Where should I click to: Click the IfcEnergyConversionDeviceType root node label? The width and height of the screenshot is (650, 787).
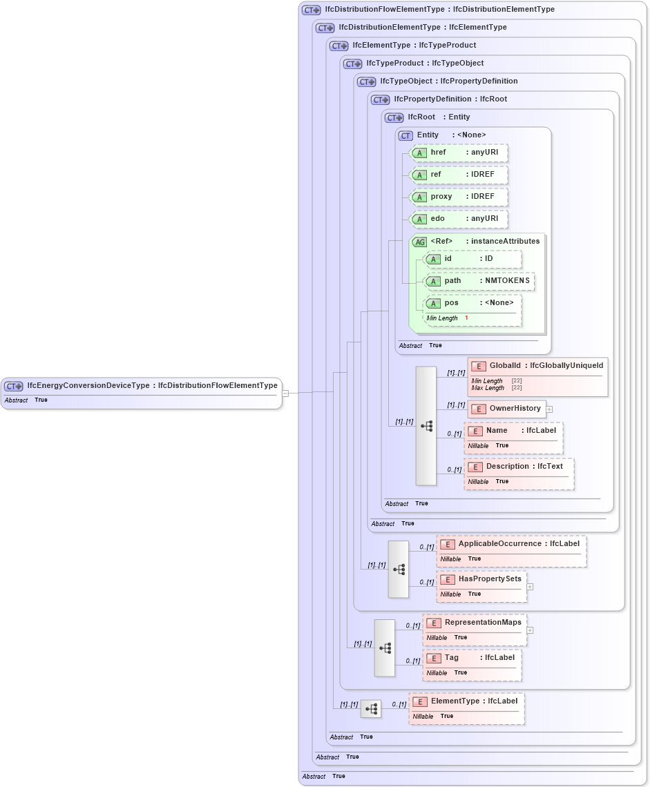pyautogui.click(x=151, y=386)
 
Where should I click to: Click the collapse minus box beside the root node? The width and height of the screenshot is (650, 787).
pyautogui.click(x=285, y=393)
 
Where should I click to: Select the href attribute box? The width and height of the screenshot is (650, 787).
pyautogui.click(x=459, y=153)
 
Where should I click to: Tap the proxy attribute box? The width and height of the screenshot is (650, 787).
pyautogui.click(x=459, y=197)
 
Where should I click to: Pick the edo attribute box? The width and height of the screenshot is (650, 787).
pyautogui.click(x=459, y=219)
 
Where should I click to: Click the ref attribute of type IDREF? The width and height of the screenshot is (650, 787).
pyautogui.click(x=459, y=175)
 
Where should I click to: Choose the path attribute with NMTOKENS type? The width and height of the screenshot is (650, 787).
pyautogui.click(x=479, y=281)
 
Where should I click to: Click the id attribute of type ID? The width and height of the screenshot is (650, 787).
pyautogui.click(x=472, y=259)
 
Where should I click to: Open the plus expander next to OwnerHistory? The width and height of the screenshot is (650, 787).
pyautogui.click(x=549, y=409)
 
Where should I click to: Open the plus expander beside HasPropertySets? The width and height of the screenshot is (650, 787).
pyautogui.click(x=530, y=587)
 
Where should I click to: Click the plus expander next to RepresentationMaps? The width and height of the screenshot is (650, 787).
pyautogui.click(x=530, y=630)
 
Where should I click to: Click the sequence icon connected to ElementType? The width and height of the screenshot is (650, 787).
pyautogui.click(x=371, y=709)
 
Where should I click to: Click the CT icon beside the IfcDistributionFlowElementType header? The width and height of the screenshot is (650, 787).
pyautogui.click(x=312, y=10)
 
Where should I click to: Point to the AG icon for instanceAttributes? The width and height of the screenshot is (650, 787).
pyautogui.click(x=419, y=242)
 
